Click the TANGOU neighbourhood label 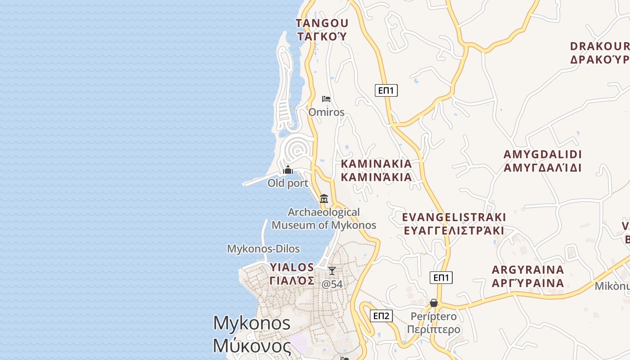click(322, 23)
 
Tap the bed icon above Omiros click(326, 99)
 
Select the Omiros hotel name click(326, 112)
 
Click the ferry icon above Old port click(288, 170)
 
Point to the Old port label click(288, 183)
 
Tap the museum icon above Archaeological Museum click(324, 198)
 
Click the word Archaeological click(324, 212)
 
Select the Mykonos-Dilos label click(263, 249)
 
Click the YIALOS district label click(292, 267)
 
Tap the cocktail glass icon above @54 click(332, 271)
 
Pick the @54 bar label click(332, 284)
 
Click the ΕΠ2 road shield click(381, 316)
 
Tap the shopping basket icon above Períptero click(434, 303)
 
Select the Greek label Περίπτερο click(434, 329)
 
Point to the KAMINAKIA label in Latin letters click(376, 164)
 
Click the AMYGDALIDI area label click(543, 154)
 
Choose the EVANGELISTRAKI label click(454, 217)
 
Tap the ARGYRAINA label click(528, 270)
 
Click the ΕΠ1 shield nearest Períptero click(441, 278)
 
